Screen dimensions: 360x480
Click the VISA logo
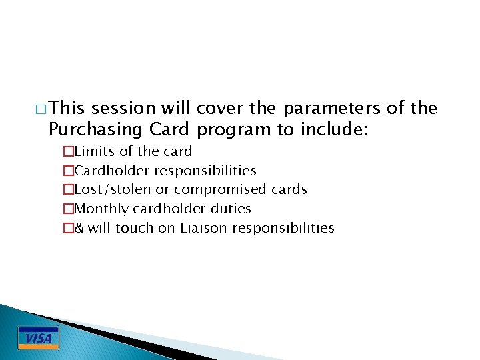(x=38, y=338)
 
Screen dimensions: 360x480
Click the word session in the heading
(x=123, y=108)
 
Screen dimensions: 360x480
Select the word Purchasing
(x=94, y=129)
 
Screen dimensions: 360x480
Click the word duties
(x=229, y=209)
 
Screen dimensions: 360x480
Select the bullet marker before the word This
(x=43, y=109)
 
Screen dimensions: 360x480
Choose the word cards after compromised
(x=289, y=189)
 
